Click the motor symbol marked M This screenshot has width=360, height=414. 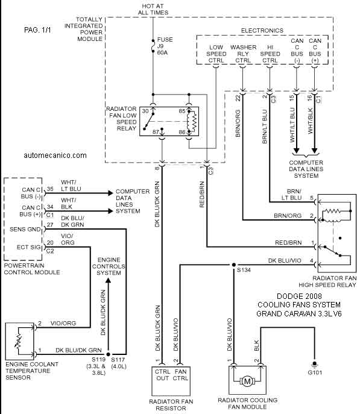point(247,381)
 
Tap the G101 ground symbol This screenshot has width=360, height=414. point(314,365)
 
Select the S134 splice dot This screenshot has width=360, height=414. point(234,265)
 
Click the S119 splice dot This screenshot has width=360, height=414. point(108,354)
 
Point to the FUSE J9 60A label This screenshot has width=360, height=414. point(165,46)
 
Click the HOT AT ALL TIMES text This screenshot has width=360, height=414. point(153,9)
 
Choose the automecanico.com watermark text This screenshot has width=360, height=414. point(55,155)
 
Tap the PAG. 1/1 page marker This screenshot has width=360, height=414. point(37,30)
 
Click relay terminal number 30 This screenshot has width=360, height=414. point(145,111)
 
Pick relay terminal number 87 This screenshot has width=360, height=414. point(156,132)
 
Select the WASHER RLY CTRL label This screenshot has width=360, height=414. point(243,54)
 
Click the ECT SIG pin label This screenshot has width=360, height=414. point(29,247)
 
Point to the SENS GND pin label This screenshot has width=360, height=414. point(25,229)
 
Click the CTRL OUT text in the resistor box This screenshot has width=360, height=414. point(162,375)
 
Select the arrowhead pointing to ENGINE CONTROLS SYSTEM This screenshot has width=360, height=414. point(108,280)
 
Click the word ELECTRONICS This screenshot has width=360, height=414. point(262,30)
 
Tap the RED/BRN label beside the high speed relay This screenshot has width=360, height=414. point(288,242)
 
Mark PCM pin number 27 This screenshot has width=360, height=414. point(50,225)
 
